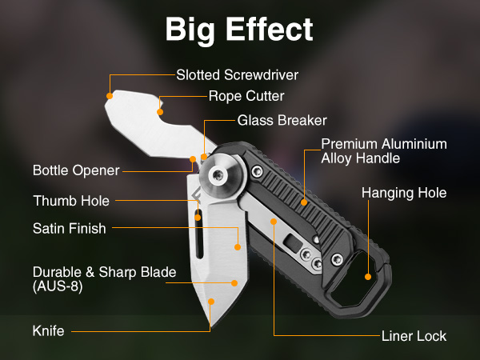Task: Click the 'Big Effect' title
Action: coord(239,30)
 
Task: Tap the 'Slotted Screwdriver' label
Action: coord(238,75)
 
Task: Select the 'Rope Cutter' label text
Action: coord(246,96)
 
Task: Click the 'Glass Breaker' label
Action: coord(282,120)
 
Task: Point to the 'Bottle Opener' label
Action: coord(76,170)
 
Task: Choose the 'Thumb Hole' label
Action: coord(71,201)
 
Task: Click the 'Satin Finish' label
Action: coord(70,228)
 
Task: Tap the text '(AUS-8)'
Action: coord(58,286)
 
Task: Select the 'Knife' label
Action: coord(48,331)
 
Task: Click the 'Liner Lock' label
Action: coord(414,336)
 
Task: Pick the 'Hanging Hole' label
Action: coord(404,193)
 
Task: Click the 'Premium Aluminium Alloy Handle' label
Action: coord(384,151)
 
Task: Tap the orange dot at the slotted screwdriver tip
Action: coord(110,96)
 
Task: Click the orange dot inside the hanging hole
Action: coord(368,277)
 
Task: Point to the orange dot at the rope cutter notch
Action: coord(160,112)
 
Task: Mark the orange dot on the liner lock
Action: coord(274,222)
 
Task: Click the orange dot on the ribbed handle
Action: coord(304,202)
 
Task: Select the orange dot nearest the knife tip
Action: coord(211,302)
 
